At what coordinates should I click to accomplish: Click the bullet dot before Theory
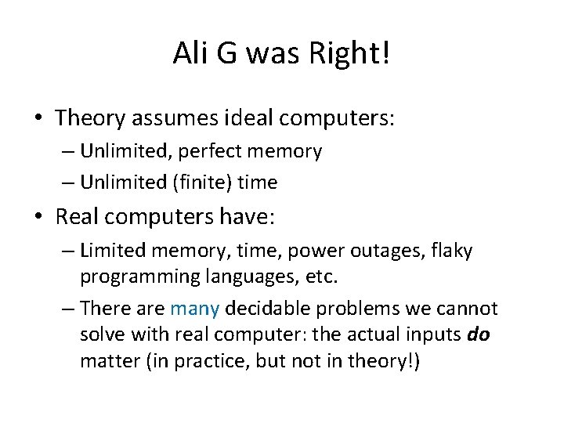(x=39, y=119)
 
